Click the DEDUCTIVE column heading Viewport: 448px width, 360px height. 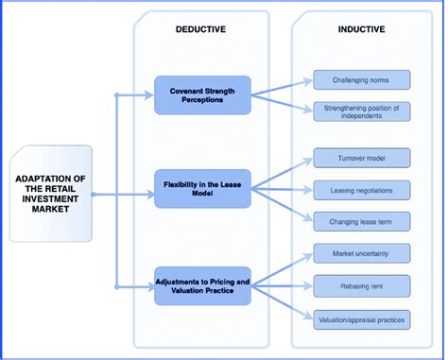(200, 28)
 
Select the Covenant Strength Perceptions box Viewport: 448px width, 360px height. (203, 94)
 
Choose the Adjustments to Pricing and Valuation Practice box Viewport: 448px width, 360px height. (203, 286)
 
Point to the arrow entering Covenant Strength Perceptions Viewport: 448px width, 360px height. (137, 94)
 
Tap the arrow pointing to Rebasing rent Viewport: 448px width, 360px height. (284, 286)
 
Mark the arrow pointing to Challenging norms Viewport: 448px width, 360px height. (284, 87)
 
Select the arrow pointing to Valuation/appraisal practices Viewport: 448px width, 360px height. (284, 302)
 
